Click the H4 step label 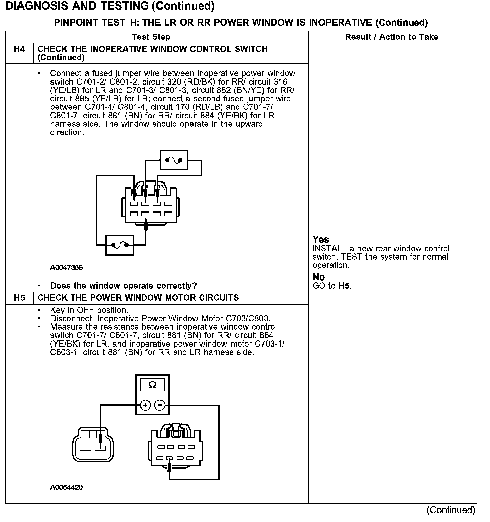(20, 50)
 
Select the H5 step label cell (20, 298)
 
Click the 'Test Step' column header (151, 37)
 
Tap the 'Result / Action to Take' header (392, 37)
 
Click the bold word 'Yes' (320, 239)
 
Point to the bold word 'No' (318, 277)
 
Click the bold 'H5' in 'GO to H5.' (344, 286)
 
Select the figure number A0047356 (66, 268)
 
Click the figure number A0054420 (66, 487)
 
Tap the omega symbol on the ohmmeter (152, 385)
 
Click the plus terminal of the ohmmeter (145, 405)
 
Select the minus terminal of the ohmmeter (160, 405)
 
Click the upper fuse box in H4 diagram (174, 160)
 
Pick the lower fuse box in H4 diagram (119, 245)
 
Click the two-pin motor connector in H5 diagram (93, 445)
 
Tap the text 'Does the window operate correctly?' (123, 286)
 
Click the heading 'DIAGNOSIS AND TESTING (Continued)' (110, 6)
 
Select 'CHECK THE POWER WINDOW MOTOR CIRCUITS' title (138, 298)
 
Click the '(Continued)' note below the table (451, 510)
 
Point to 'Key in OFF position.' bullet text (89, 310)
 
